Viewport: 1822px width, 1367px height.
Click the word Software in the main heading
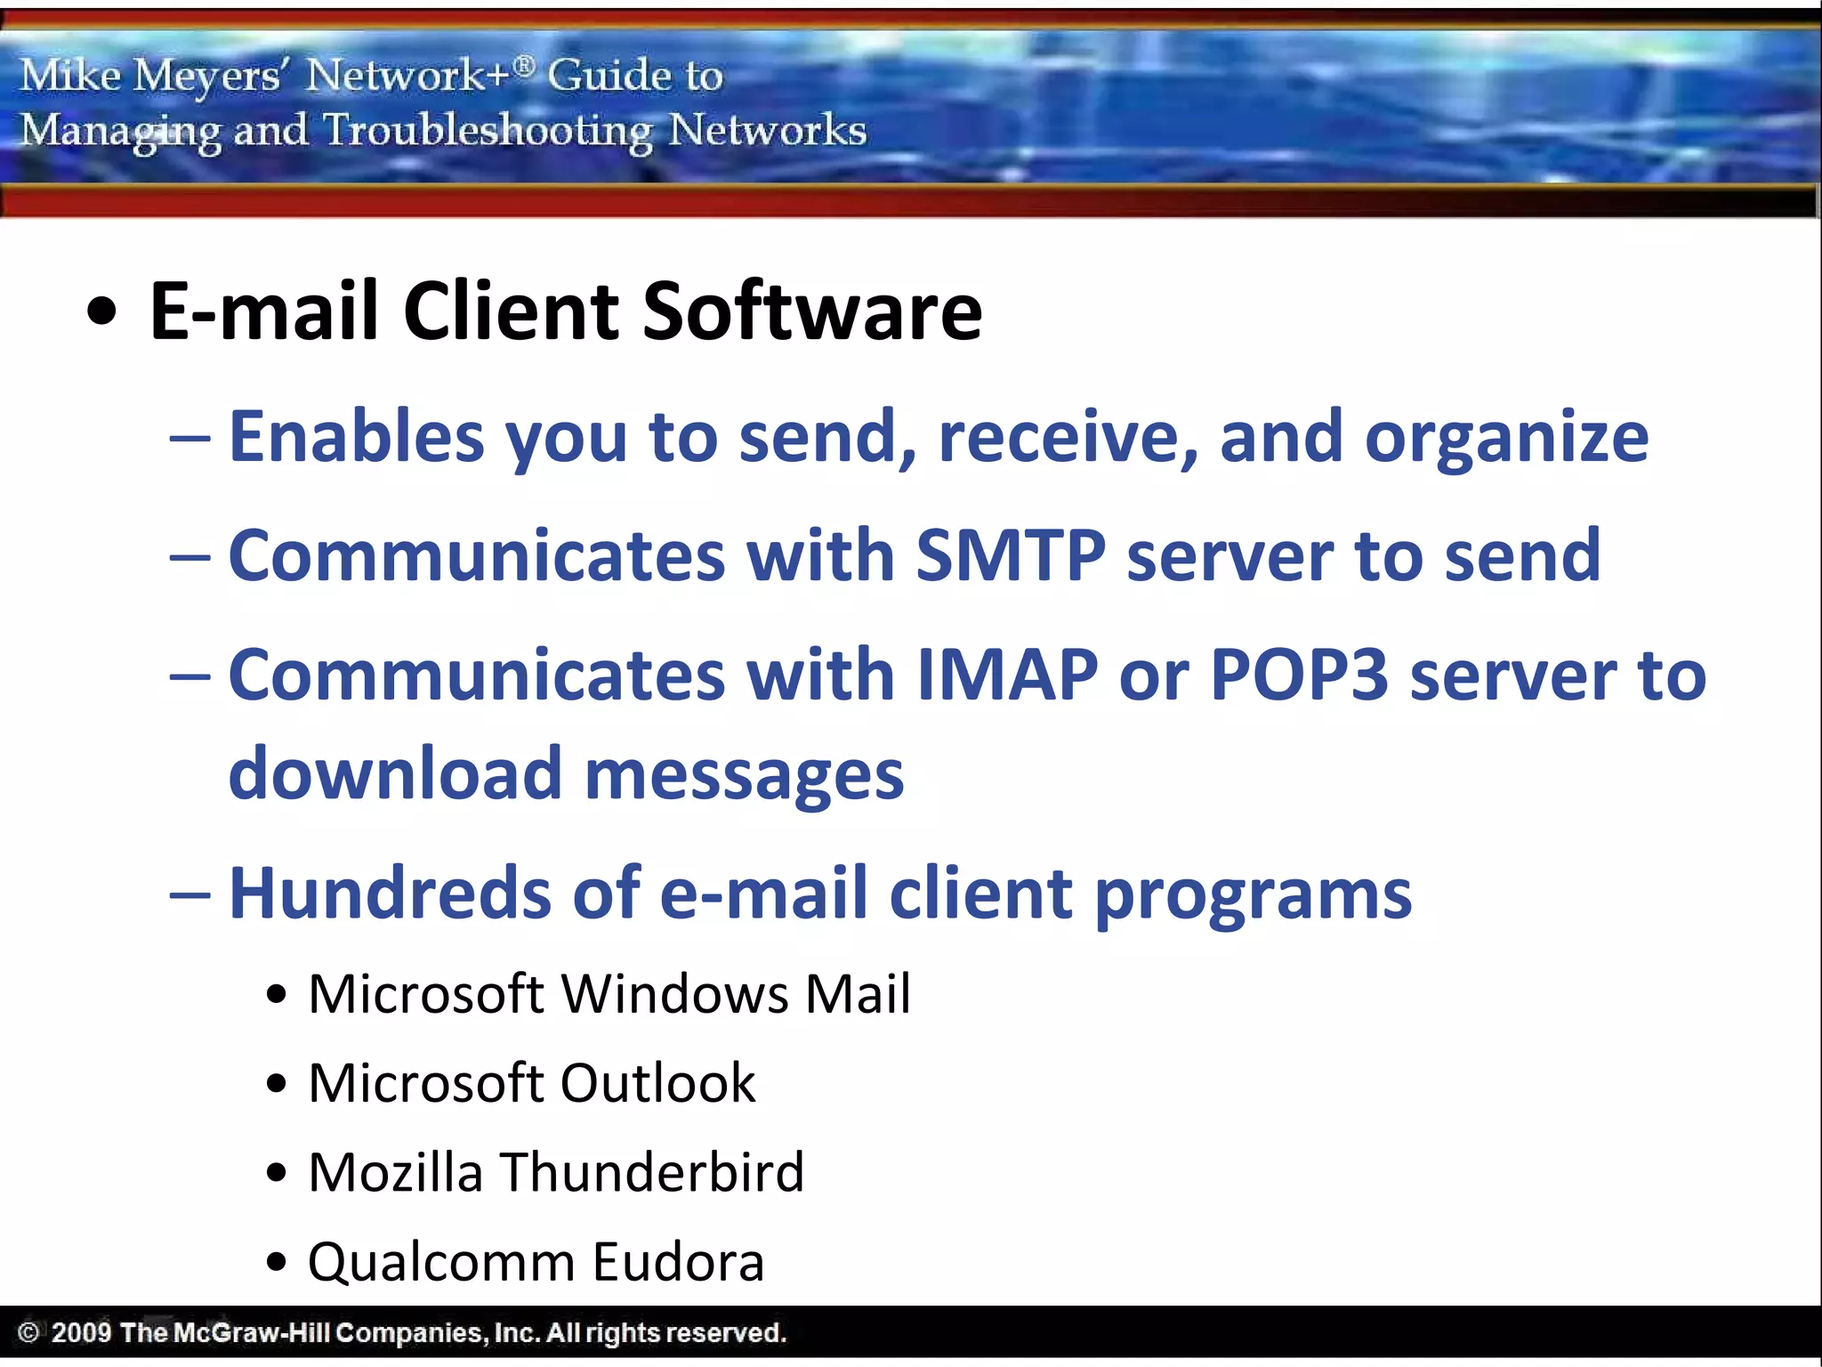tap(811, 311)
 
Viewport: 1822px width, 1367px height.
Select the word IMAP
tap(1007, 675)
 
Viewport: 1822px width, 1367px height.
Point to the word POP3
tap(1299, 675)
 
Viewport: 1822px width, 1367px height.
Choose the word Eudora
tap(678, 1262)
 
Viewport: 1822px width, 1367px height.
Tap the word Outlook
tap(657, 1083)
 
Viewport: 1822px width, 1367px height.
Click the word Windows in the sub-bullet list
tap(674, 993)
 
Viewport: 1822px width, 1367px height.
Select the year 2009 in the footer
tap(81, 1332)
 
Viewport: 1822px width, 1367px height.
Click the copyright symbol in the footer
tap(28, 1332)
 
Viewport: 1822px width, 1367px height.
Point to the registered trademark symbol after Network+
tap(525, 65)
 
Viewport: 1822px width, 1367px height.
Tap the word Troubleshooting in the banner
tap(488, 131)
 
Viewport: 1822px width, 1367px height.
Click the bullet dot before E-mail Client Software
tap(102, 312)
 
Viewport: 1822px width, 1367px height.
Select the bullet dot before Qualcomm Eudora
tap(277, 1262)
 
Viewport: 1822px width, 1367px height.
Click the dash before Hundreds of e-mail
tap(189, 894)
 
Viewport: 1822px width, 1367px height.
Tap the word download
tap(395, 772)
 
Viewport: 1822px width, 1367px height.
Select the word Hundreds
tap(390, 893)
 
